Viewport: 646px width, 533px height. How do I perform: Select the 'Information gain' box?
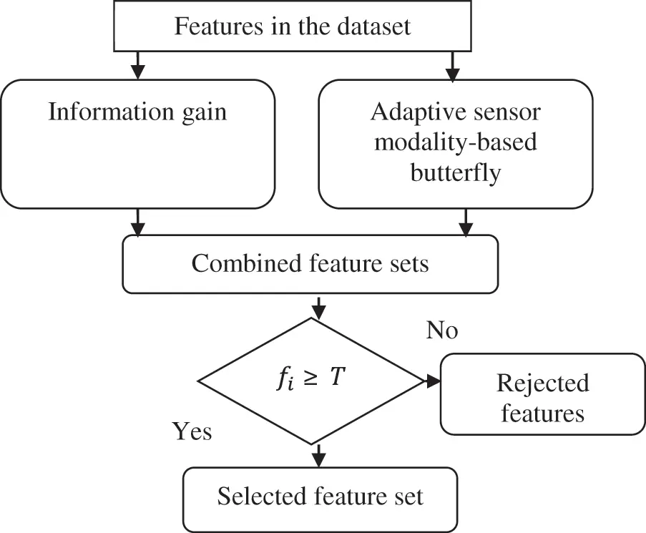point(137,143)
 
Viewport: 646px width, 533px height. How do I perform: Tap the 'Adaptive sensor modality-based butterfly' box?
point(455,143)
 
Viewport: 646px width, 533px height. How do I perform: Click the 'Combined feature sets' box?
point(310,264)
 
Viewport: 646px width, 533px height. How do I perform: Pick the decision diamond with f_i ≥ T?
point(312,381)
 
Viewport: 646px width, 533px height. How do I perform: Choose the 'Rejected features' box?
point(542,394)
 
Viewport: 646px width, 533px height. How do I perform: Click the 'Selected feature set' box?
point(320,496)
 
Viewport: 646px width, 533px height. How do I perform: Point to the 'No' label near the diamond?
point(442,330)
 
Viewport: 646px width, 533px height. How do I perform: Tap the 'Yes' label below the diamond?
point(192,431)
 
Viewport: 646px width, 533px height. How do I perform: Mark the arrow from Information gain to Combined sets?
point(138,223)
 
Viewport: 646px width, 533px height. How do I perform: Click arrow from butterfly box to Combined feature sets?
point(466,223)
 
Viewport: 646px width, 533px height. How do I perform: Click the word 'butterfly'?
point(454,172)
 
